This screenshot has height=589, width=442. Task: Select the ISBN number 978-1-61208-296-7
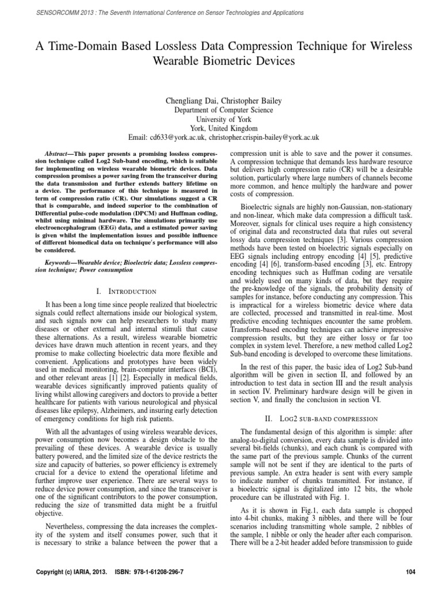167,573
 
